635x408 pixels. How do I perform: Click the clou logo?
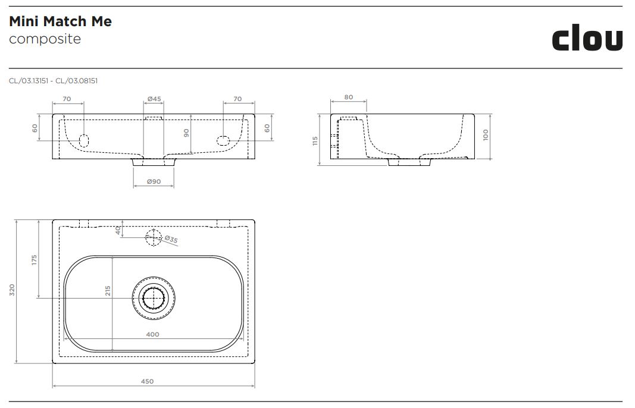coord(587,39)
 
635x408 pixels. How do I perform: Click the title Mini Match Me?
coord(60,21)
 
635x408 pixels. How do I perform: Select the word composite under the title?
coord(45,39)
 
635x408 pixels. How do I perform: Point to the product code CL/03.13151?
coord(29,81)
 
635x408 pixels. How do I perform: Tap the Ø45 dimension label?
coord(154,99)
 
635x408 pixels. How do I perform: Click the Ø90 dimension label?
coord(154,182)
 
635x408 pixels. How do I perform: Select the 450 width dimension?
coord(148,381)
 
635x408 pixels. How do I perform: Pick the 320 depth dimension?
coord(12,290)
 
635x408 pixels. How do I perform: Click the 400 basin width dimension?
coord(153,334)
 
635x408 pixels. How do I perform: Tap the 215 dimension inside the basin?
coord(108,291)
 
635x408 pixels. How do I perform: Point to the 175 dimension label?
coord(35,260)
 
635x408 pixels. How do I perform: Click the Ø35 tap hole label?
coord(171,239)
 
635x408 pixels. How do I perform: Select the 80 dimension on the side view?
coord(349,97)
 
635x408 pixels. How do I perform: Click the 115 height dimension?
coord(315,142)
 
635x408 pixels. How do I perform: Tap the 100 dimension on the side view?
coord(486,135)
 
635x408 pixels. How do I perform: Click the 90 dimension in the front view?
coord(186,133)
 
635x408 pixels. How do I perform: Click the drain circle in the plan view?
coord(154,299)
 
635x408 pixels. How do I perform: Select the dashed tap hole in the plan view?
coord(154,237)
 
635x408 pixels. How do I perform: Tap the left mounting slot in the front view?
coord(84,140)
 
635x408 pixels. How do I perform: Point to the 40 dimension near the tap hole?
coord(118,230)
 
